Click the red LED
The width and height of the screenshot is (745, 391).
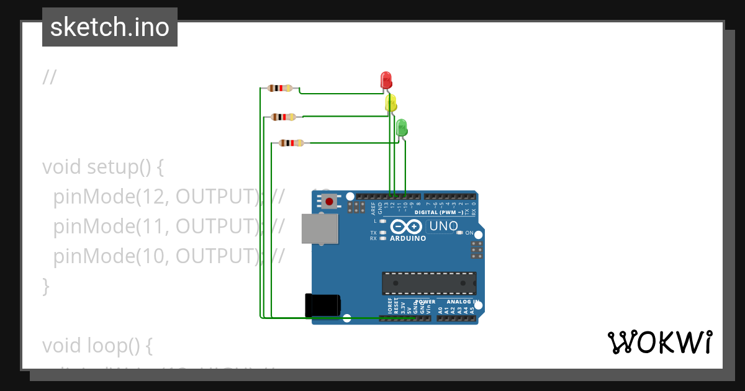(386, 80)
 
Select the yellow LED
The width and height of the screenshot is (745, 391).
(391, 103)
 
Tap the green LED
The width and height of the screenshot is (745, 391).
(401, 127)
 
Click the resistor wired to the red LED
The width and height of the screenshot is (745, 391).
(280, 88)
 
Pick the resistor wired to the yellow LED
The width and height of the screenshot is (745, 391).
(284, 117)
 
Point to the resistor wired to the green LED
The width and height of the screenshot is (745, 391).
(291, 143)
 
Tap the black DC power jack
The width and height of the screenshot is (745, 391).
(322, 305)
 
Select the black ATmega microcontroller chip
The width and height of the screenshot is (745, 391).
(429, 283)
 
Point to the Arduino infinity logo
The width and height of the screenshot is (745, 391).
(408, 227)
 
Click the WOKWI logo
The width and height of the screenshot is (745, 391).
(659, 342)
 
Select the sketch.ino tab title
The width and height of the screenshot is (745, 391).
(109, 27)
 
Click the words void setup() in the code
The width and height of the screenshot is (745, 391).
(102, 167)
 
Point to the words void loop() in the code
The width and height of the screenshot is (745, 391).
(97, 344)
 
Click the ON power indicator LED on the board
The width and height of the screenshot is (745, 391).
(459, 233)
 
